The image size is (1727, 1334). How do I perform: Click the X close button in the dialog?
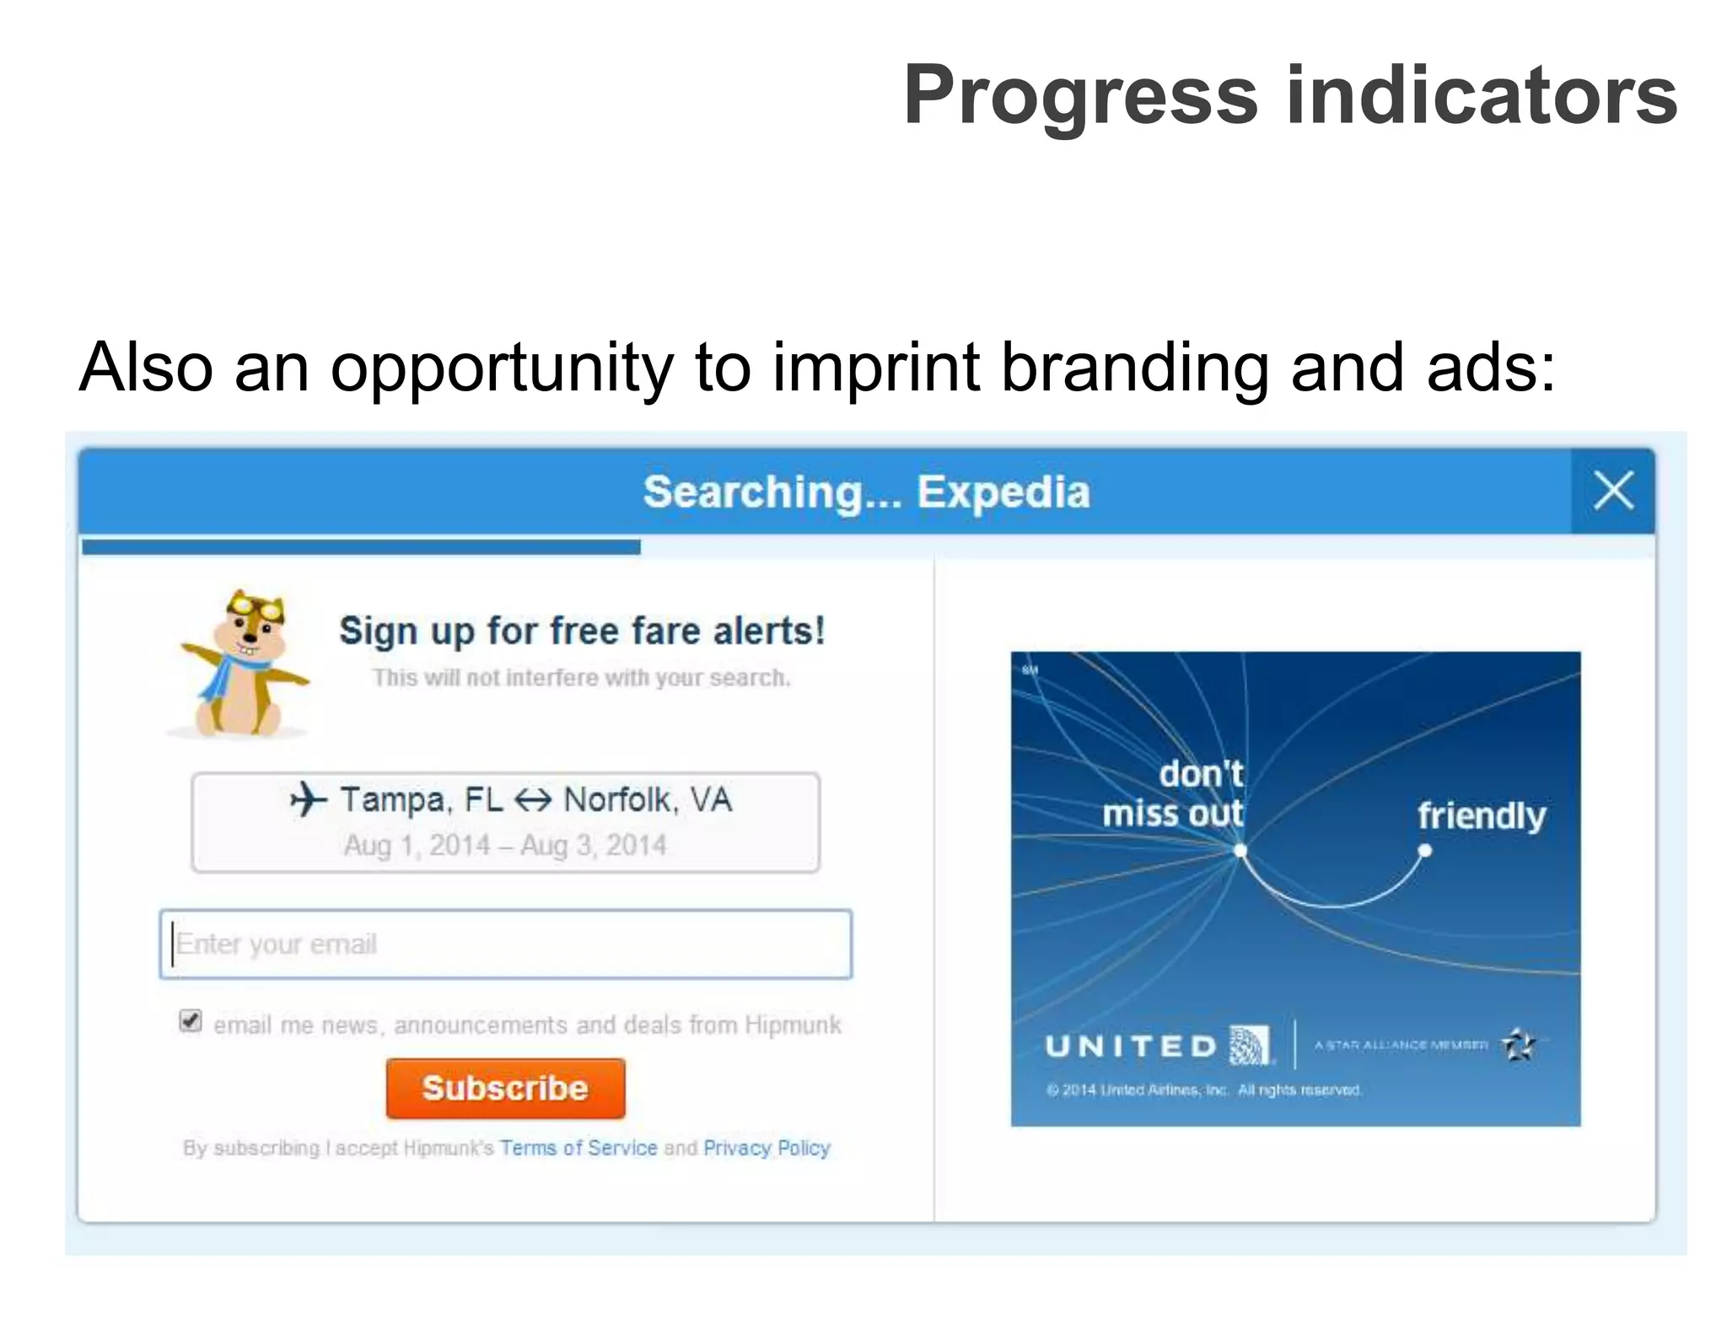click(1612, 491)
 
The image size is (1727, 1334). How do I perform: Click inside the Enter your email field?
click(506, 944)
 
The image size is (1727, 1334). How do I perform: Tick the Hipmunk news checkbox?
click(191, 1021)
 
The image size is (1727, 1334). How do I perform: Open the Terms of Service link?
click(578, 1148)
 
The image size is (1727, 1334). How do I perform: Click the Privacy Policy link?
click(767, 1148)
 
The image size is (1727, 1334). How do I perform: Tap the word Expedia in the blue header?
click(1003, 492)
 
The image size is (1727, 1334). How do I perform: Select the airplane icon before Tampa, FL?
click(308, 799)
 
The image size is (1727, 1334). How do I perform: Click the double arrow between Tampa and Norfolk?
click(532, 799)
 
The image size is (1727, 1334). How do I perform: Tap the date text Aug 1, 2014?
click(417, 845)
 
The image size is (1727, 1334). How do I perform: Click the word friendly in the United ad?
click(1481, 815)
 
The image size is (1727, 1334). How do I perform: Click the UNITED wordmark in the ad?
click(1130, 1046)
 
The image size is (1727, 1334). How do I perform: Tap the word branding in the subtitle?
click(1133, 368)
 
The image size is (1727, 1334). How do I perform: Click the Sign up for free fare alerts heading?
click(582, 631)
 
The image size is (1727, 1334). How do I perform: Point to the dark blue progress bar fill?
click(361, 547)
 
